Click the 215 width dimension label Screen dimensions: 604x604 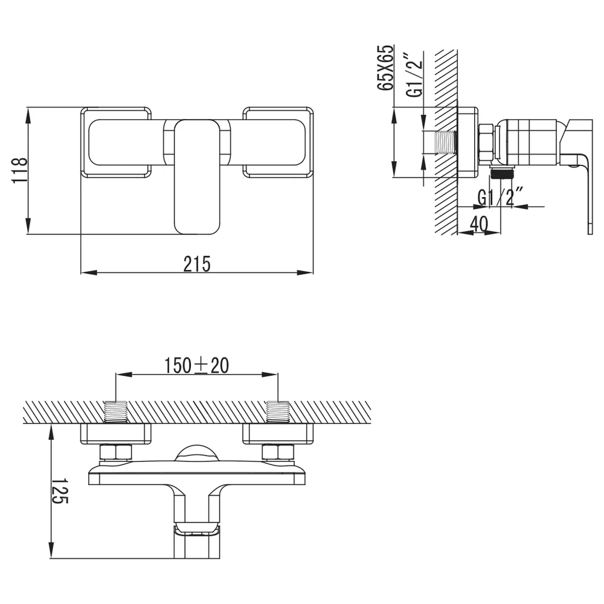point(197,264)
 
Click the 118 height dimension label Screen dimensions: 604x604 point(20,170)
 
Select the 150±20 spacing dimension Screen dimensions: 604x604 point(196,365)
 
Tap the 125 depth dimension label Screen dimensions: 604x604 point(60,491)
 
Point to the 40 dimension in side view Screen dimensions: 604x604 point(479,223)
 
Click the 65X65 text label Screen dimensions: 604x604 point(386,68)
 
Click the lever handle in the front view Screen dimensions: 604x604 point(198,177)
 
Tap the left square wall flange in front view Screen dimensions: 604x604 point(116,142)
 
